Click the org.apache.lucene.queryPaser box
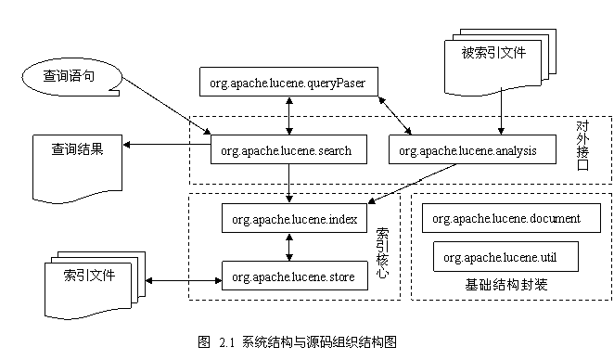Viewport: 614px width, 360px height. pos(288,83)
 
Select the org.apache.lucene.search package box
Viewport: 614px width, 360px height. pos(286,150)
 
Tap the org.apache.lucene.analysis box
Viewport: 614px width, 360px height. pos(473,150)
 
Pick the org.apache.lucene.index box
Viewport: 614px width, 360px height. pos(294,220)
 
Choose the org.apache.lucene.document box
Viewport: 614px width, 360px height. pos(511,219)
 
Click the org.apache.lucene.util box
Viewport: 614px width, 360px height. pos(505,257)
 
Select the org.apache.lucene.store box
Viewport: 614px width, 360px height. pos(294,276)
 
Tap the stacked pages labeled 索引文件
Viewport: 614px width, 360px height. pos(90,277)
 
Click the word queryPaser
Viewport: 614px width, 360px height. pos(338,84)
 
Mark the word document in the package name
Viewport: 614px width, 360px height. pos(556,219)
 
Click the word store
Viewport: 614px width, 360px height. pos(339,276)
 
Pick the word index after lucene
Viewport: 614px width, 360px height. pos(342,220)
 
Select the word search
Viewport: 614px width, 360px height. pos(334,150)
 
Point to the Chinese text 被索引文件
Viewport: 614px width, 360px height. pos(493,53)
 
